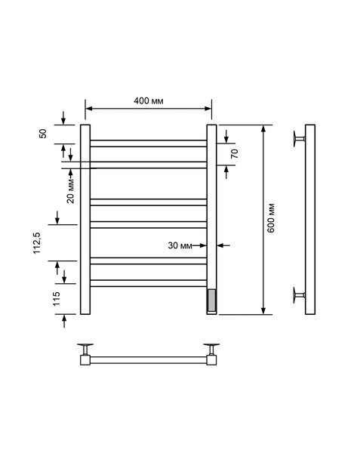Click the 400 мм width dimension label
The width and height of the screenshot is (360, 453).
pos(149,101)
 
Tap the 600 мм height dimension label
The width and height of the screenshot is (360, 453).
pos(271,218)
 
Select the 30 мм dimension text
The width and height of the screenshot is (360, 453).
pos(180,245)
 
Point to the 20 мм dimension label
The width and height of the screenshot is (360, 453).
pos(71,191)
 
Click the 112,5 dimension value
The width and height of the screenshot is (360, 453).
pos(37,243)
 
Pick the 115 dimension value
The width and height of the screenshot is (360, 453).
pos(57,299)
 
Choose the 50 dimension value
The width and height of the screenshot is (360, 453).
pos(43,134)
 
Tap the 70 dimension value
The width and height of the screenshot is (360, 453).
pos(235,153)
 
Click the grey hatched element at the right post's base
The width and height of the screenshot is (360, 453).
pos(211,300)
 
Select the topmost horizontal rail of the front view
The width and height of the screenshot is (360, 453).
pos(149,143)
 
